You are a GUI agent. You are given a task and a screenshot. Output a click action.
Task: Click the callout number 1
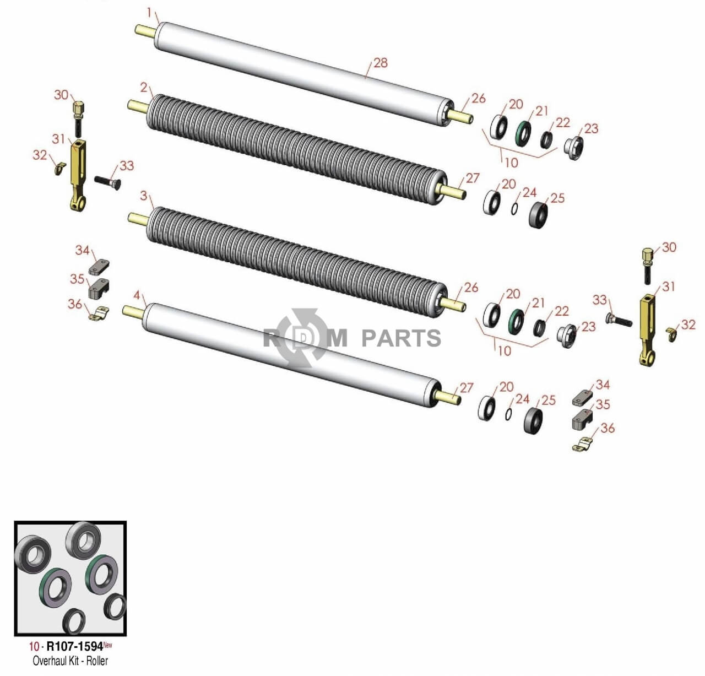149,13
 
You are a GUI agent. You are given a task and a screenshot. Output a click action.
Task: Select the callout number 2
144,88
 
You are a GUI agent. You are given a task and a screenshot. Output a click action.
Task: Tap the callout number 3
144,196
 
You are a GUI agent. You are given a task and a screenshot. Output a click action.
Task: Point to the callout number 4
137,295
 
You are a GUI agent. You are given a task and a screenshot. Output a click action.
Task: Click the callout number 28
381,63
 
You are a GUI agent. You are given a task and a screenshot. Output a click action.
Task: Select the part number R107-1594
75,647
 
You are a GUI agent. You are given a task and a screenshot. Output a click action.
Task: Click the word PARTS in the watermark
402,338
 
